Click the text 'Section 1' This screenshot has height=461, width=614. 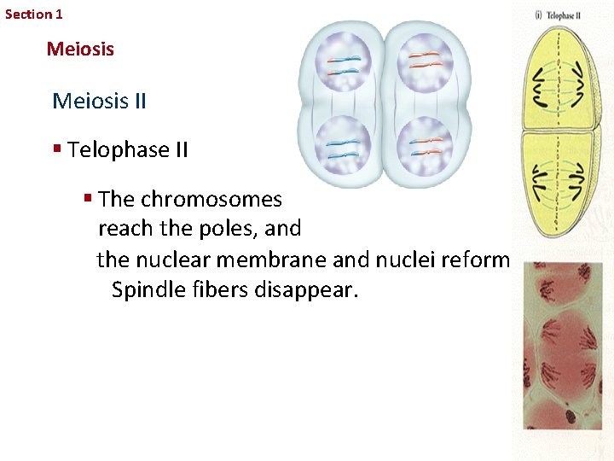click(x=33, y=14)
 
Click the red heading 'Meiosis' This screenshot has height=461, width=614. click(x=80, y=49)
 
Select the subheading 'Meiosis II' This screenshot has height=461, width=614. click(x=99, y=102)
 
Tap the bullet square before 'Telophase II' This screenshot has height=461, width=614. click(x=57, y=149)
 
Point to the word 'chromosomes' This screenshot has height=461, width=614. click(x=211, y=200)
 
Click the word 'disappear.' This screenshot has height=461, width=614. click(x=308, y=289)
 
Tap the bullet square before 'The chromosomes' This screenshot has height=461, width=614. click(x=88, y=198)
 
